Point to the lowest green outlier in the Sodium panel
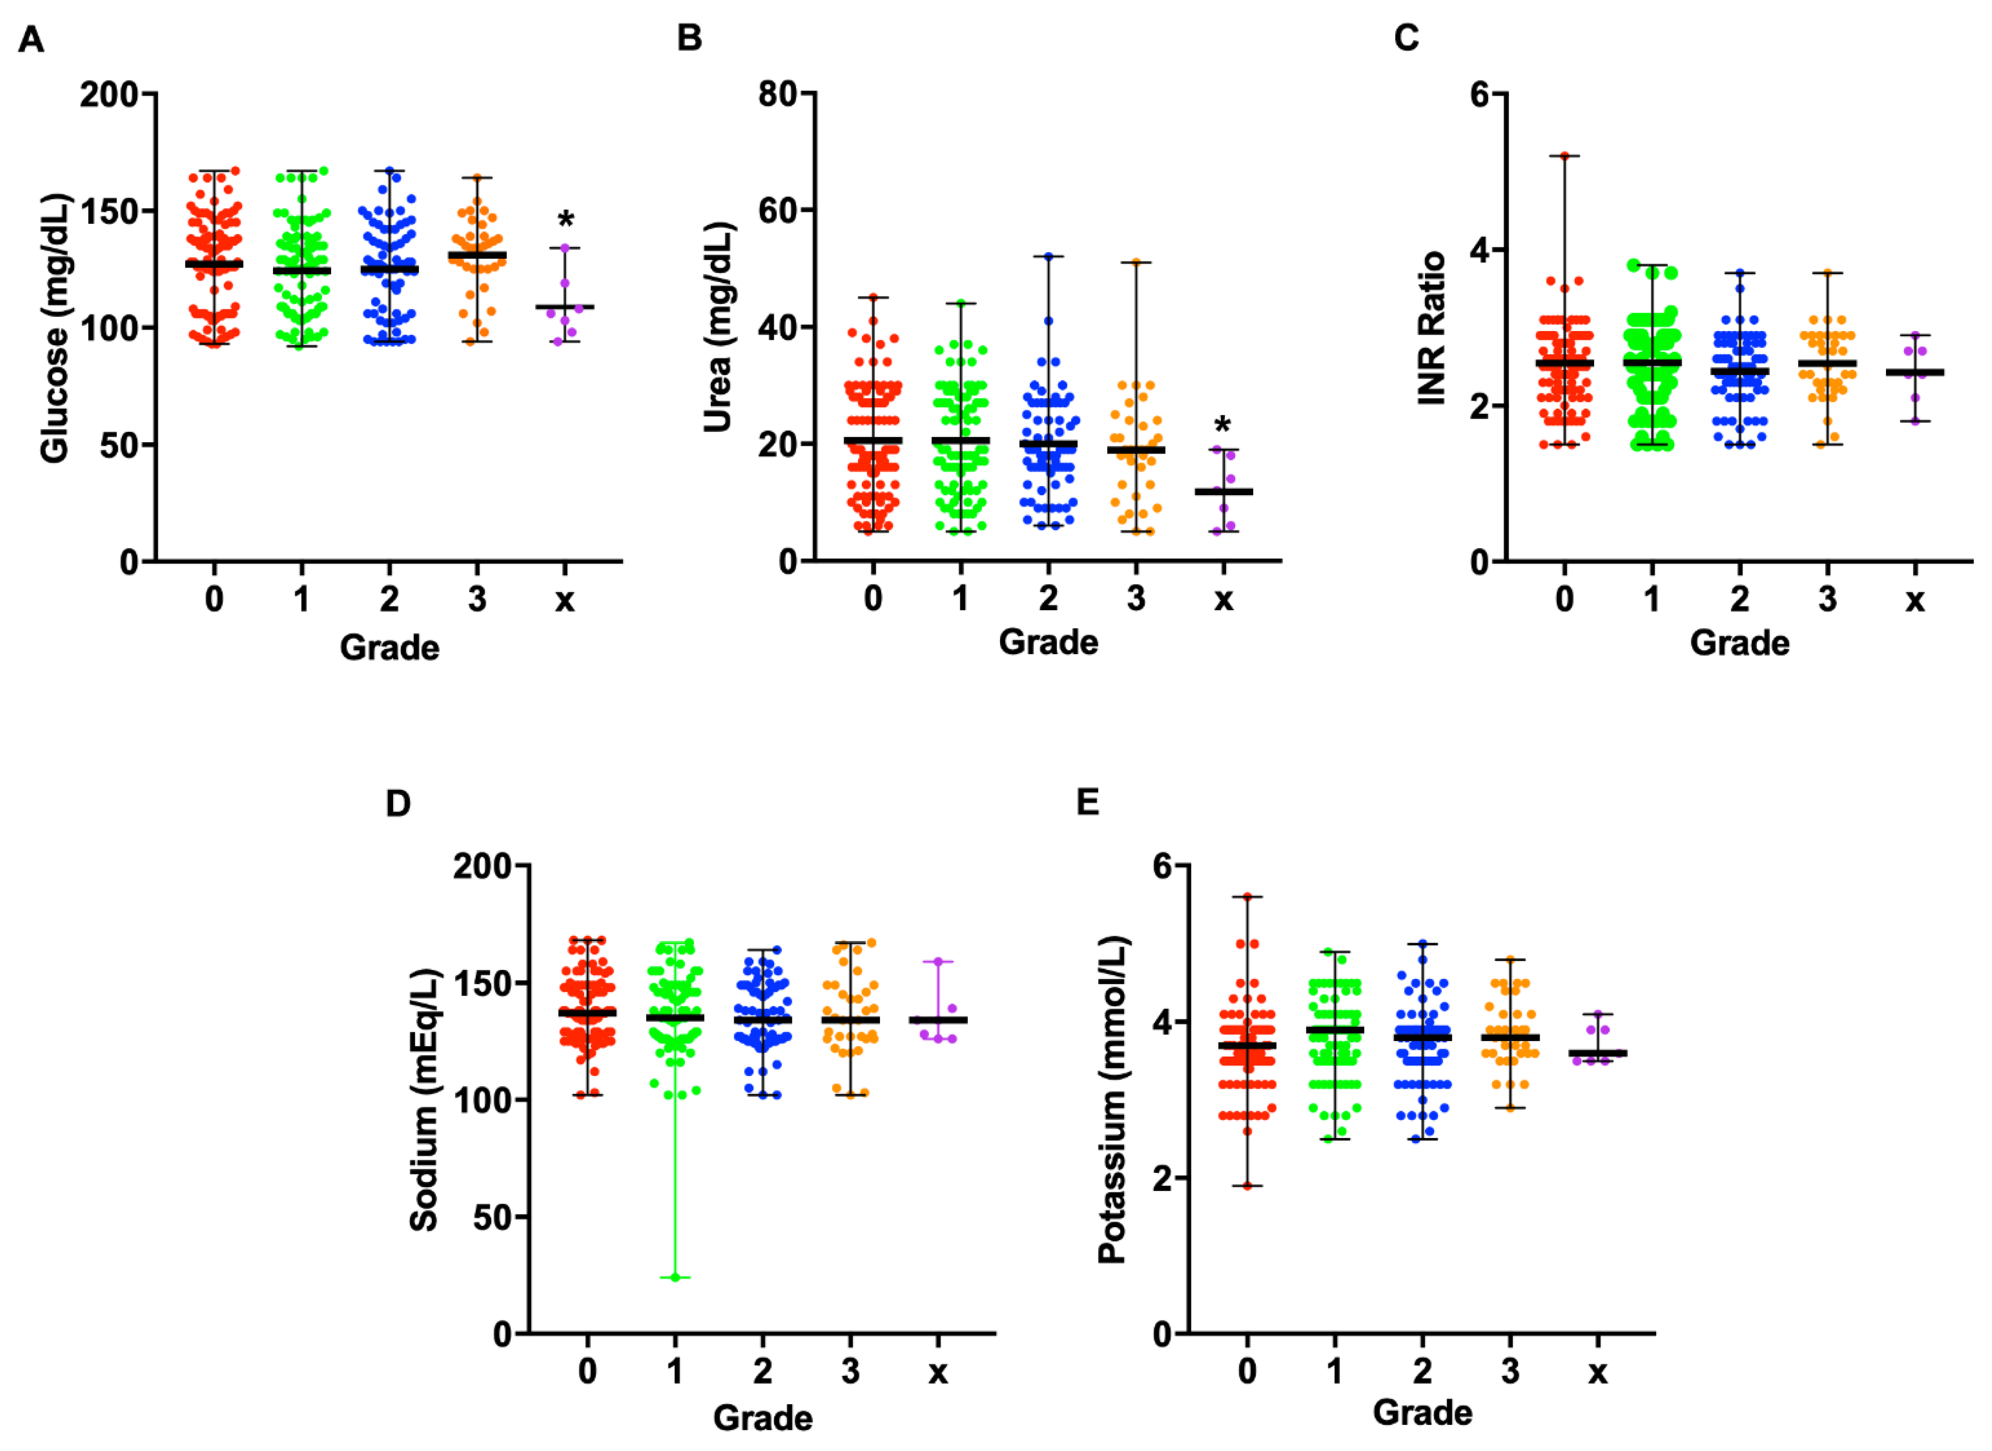[x=675, y=1277]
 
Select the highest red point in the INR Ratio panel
[x=1564, y=156]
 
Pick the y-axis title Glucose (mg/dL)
[x=54, y=327]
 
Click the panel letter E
[x=1088, y=802]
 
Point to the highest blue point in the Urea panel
[x=1048, y=256]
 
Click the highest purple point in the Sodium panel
[x=938, y=962]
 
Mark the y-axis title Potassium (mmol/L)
[x=1112, y=1100]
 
